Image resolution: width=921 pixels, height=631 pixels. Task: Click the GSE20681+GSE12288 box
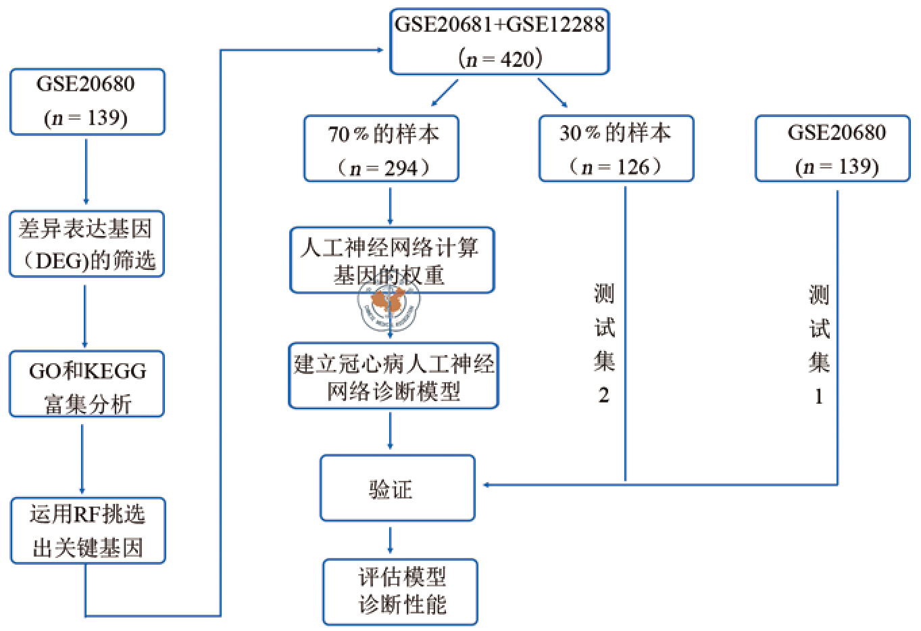[x=499, y=41]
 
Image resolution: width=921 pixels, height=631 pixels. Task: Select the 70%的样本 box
[x=381, y=148]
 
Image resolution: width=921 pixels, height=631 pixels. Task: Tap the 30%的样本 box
[x=616, y=148]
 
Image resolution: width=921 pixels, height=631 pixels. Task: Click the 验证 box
[x=397, y=488]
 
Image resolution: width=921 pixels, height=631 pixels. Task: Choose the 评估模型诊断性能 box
[x=400, y=591]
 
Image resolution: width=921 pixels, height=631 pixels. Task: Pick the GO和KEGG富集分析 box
[x=86, y=383]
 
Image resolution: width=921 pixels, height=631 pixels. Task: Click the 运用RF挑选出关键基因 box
[x=88, y=531]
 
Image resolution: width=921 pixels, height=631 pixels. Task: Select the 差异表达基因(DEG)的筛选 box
[x=86, y=243]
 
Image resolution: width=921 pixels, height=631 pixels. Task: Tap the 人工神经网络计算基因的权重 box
[x=392, y=260]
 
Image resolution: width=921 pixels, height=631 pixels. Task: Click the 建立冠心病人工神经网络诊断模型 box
[x=393, y=376]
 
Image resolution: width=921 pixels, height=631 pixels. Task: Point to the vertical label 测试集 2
[x=604, y=344]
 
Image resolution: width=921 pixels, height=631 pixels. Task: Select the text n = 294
[x=382, y=168]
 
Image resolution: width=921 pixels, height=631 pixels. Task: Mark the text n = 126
[x=615, y=166]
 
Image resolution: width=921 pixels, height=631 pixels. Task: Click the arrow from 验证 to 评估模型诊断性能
[x=390, y=540]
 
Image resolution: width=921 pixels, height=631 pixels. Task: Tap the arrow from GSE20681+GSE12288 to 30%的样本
[x=553, y=93]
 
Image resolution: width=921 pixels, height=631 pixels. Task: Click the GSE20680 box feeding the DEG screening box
[x=87, y=101]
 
